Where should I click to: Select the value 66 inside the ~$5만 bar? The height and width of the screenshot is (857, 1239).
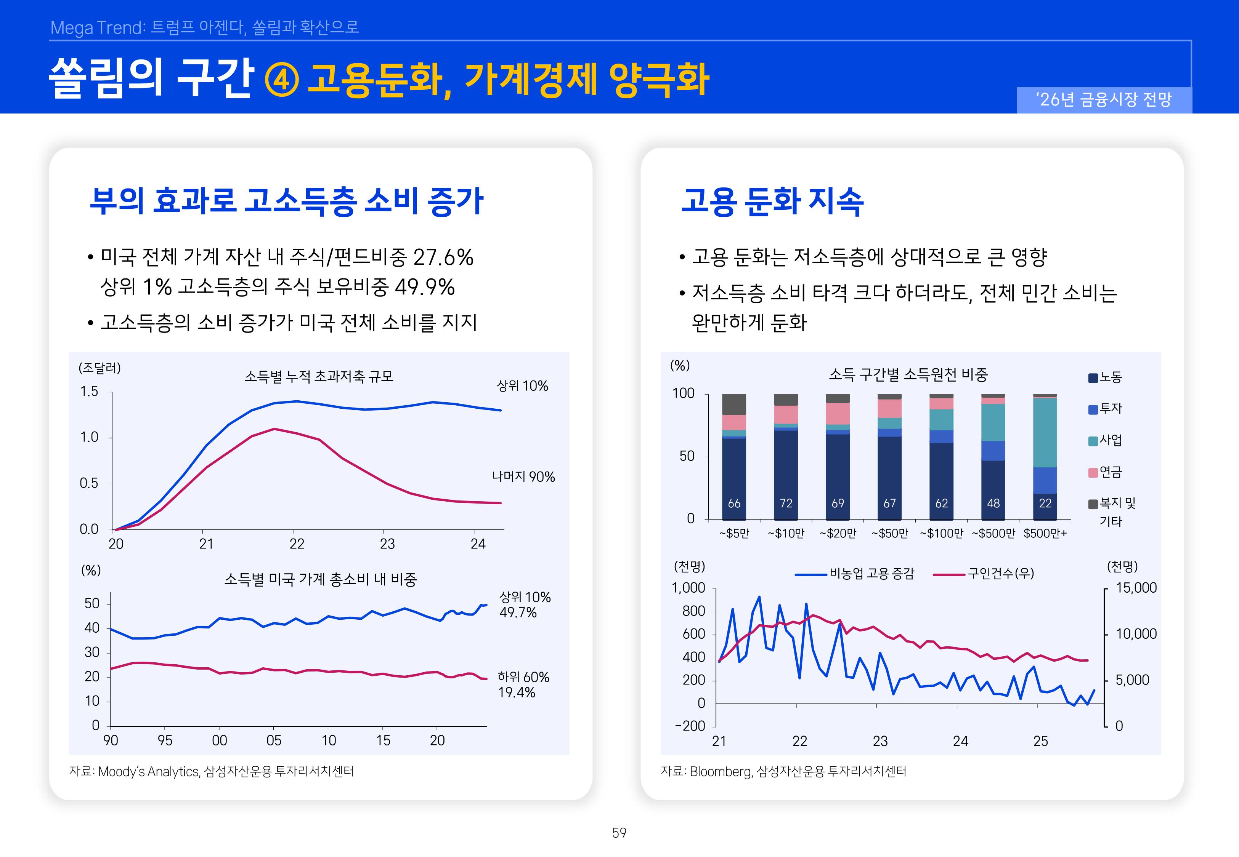[734, 503]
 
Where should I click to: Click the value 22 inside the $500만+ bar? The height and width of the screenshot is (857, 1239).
[1045, 503]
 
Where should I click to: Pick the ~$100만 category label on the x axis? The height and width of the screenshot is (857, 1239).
[941, 533]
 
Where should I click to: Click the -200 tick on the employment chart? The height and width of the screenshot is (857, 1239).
[690, 726]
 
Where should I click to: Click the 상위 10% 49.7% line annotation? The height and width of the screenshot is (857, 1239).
[525, 604]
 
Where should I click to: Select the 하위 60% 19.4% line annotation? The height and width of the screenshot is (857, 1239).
[523, 684]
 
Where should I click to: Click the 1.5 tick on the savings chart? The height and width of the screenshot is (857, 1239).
[89, 392]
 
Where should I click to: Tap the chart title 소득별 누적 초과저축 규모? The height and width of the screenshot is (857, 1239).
[319, 376]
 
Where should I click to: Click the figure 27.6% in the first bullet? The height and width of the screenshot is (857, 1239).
[443, 257]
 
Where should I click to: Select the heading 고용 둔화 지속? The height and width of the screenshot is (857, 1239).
[772, 202]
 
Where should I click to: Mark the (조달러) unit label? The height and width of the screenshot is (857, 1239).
[100, 368]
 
